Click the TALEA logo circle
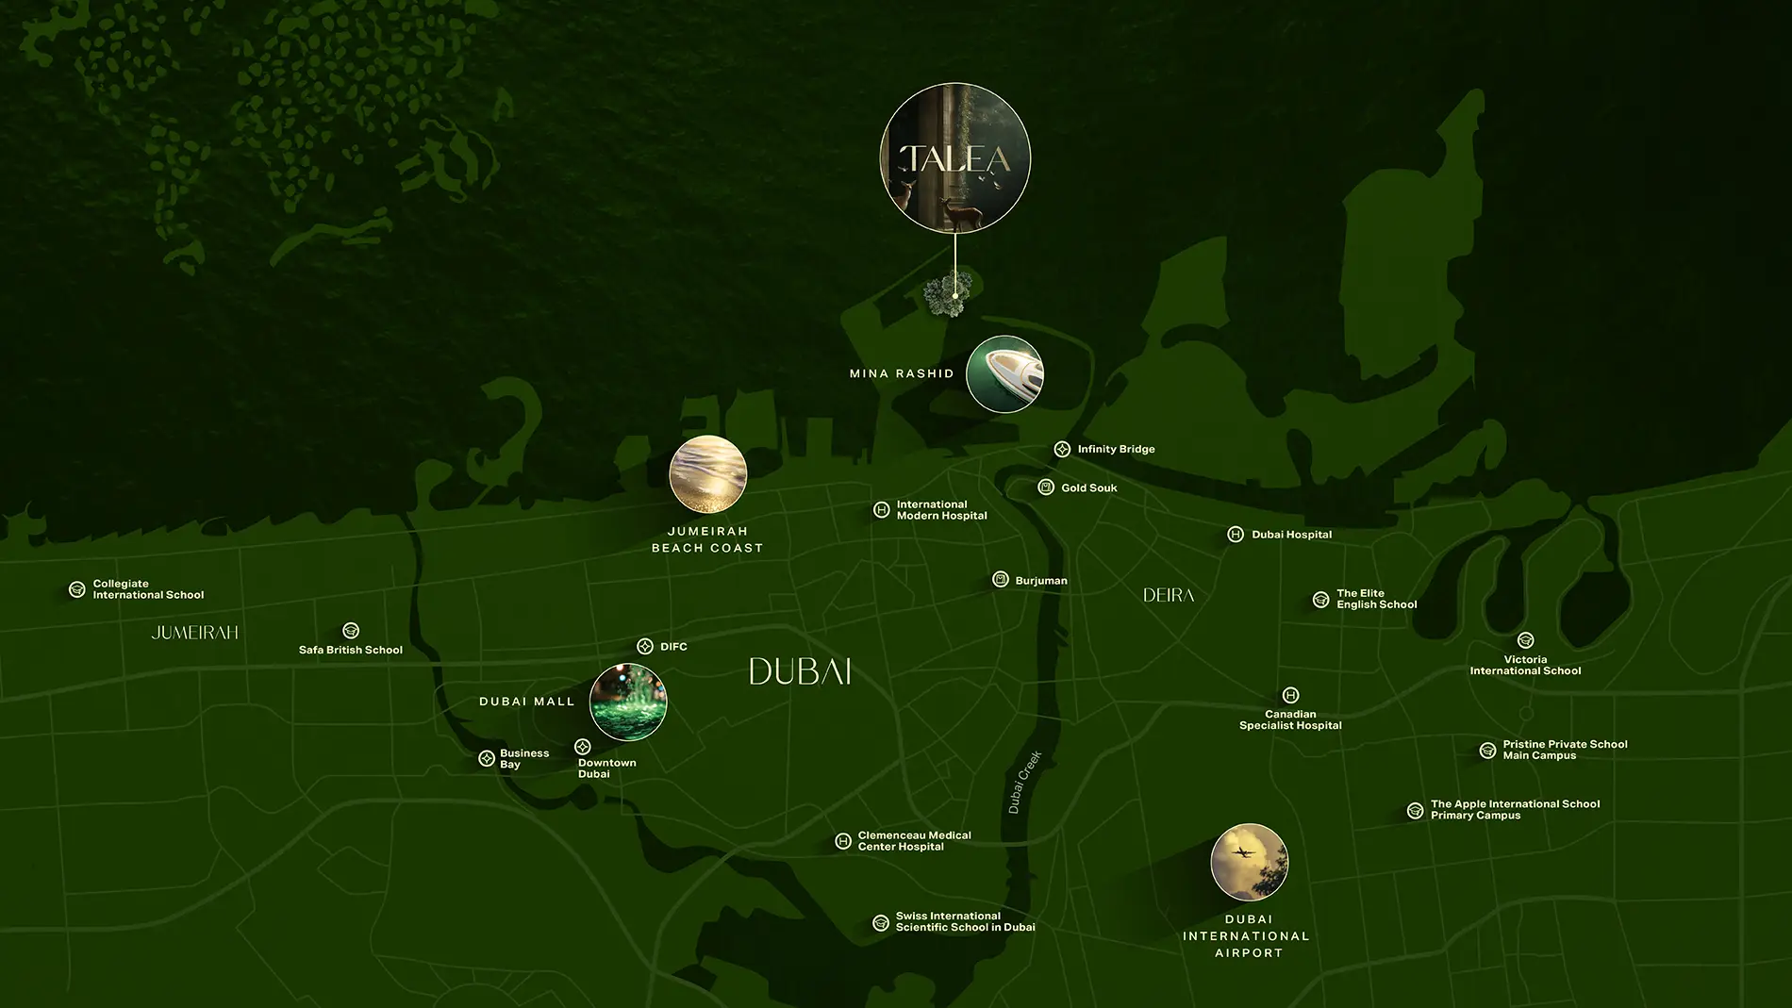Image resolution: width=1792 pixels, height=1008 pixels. click(x=955, y=158)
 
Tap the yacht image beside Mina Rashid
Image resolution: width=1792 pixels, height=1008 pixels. click(x=1004, y=374)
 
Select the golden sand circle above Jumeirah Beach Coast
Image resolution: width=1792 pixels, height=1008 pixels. click(x=707, y=474)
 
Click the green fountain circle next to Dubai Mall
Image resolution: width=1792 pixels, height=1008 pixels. click(x=628, y=702)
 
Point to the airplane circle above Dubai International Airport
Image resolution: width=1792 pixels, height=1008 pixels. click(x=1249, y=862)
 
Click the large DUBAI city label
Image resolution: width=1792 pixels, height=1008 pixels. click(x=800, y=671)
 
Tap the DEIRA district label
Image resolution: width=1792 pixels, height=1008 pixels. click(x=1169, y=595)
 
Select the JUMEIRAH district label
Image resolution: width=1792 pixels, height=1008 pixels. click(x=195, y=633)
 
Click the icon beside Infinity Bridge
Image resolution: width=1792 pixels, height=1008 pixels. click(x=1062, y=450)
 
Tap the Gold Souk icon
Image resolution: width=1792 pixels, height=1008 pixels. click(x=1046, y=487)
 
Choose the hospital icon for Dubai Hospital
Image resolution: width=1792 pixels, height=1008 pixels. click(x=1236, y=535)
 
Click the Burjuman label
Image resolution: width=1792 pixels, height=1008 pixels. click(x=1041, y=581)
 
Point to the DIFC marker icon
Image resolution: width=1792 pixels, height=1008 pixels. click(x=645, y=647)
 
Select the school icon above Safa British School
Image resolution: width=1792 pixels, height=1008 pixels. click(x=351, y=631)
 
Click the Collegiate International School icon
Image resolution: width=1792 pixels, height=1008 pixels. click(x=77, y=590)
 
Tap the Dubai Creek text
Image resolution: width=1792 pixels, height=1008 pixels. click(x=1024, y=782)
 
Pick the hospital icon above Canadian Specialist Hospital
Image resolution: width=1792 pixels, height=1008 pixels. click(x=1291, y=696)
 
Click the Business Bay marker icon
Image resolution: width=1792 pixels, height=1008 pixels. click(x=487, y=759)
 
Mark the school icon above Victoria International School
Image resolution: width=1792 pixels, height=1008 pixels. click(x=1525, y=641)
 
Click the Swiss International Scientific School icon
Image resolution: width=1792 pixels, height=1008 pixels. click(x=881, y=923)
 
